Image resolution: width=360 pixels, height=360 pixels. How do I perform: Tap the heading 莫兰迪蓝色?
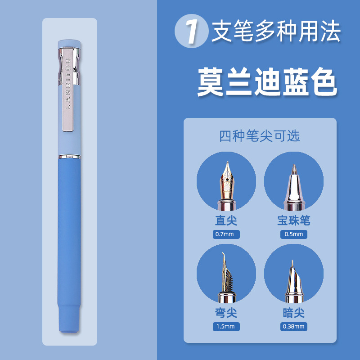267,82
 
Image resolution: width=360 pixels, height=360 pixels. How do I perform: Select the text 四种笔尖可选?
260,136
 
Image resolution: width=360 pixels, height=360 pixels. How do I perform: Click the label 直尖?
226,220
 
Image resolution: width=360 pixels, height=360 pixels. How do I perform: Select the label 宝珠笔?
294,220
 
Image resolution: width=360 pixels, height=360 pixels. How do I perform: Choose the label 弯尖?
226,313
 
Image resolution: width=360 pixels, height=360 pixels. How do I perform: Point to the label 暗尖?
294,313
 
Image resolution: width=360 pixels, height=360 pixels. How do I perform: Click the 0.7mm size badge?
226,234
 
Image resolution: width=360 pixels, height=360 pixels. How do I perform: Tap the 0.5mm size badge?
294,234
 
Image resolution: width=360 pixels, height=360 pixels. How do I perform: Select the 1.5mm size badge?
226,327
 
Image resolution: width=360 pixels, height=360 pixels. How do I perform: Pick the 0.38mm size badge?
294,327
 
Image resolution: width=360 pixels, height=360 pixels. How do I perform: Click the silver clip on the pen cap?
68,90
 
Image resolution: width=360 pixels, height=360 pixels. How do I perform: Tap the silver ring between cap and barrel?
69,157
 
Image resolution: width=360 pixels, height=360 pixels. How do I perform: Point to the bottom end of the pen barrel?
69,331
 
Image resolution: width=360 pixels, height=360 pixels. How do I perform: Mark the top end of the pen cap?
69,41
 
